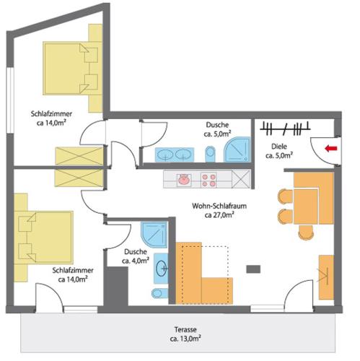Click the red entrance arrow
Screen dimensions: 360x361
[331, 149]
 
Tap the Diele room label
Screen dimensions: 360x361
[279, 147]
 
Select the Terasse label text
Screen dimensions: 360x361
[185, 329]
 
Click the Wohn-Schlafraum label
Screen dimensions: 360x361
[219, 206]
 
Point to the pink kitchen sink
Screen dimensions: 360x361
[185, 180]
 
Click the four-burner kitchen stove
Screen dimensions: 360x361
[208, 180]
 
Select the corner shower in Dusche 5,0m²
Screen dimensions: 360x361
[237, 149]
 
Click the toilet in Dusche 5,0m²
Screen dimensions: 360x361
[210, 154]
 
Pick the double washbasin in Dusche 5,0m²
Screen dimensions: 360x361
[175, 155]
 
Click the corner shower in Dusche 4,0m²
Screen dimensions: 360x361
[154, 235]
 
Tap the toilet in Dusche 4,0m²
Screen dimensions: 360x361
[159, 293]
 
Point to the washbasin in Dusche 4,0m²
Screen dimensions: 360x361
[161, 268]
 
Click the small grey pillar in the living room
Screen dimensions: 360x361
[253, 269]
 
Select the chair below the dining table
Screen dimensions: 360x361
[306, 232]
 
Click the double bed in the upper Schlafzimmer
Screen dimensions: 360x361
[73, 68]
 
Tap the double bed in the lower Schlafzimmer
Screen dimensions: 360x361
[43, 238]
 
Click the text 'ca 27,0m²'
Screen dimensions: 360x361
[219, 215]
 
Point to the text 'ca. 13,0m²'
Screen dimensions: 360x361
[185, 339]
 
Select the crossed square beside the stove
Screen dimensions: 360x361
[241, 179]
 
